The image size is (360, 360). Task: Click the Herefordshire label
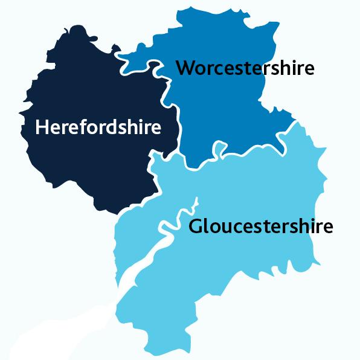pos(98,127)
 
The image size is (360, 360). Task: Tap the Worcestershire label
pos(245,67)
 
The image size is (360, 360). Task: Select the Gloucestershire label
pos(260,227)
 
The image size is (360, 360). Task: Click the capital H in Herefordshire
pos(42,127)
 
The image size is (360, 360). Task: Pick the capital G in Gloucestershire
pos(196,227)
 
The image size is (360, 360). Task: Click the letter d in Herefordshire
pos(112,127)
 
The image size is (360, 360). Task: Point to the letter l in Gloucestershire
pos(206,227)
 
